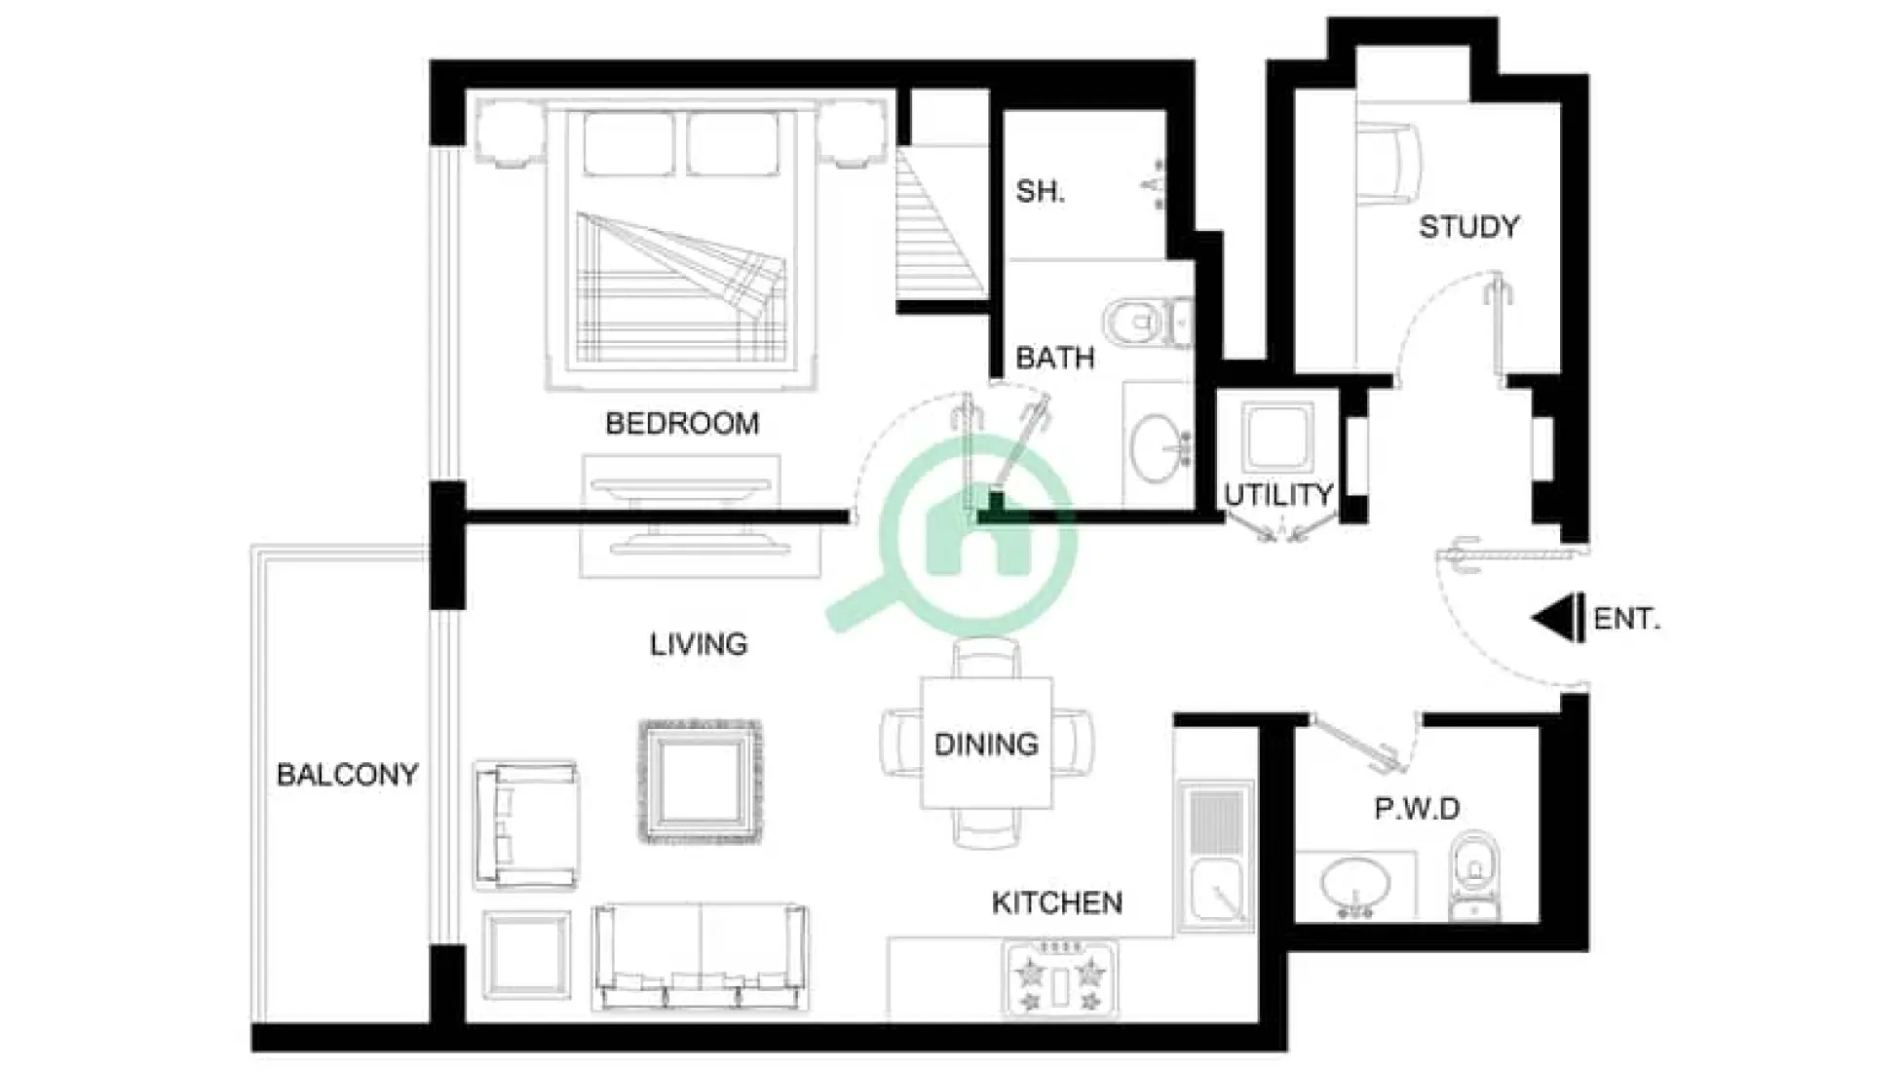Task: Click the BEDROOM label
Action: (681, 424)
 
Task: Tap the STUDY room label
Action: (1468, 227)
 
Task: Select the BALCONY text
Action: (347, 775)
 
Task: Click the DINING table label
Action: (986, 745)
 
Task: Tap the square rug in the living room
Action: (701, 782)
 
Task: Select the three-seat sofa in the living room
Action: (700, 957)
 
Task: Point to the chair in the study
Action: (1388, 165)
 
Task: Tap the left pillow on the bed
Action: (628, 144)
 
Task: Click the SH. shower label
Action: (1040, 192)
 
